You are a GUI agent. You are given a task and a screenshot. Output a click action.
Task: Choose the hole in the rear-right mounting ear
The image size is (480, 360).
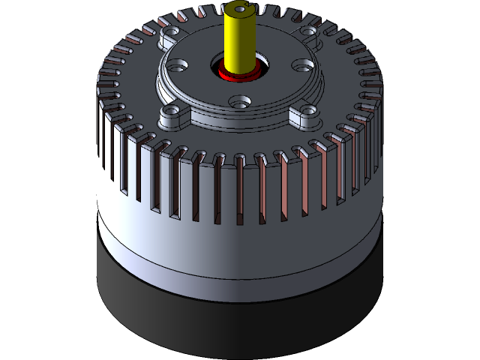point(307,33)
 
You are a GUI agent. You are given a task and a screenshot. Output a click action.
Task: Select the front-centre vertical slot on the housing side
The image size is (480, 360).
point(240,191)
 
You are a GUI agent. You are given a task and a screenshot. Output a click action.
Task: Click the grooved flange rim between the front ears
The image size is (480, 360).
point(240,120)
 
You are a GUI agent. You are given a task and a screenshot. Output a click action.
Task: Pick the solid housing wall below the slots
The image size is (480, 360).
point(187,232)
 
